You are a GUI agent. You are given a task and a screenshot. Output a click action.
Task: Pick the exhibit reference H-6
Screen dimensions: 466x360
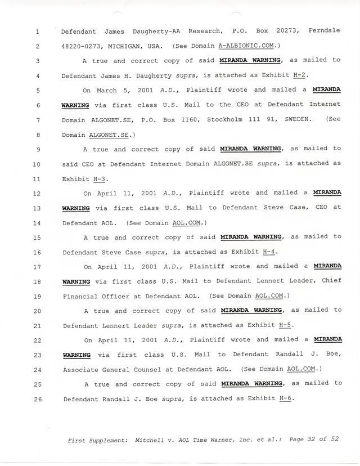click(286, 399)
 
